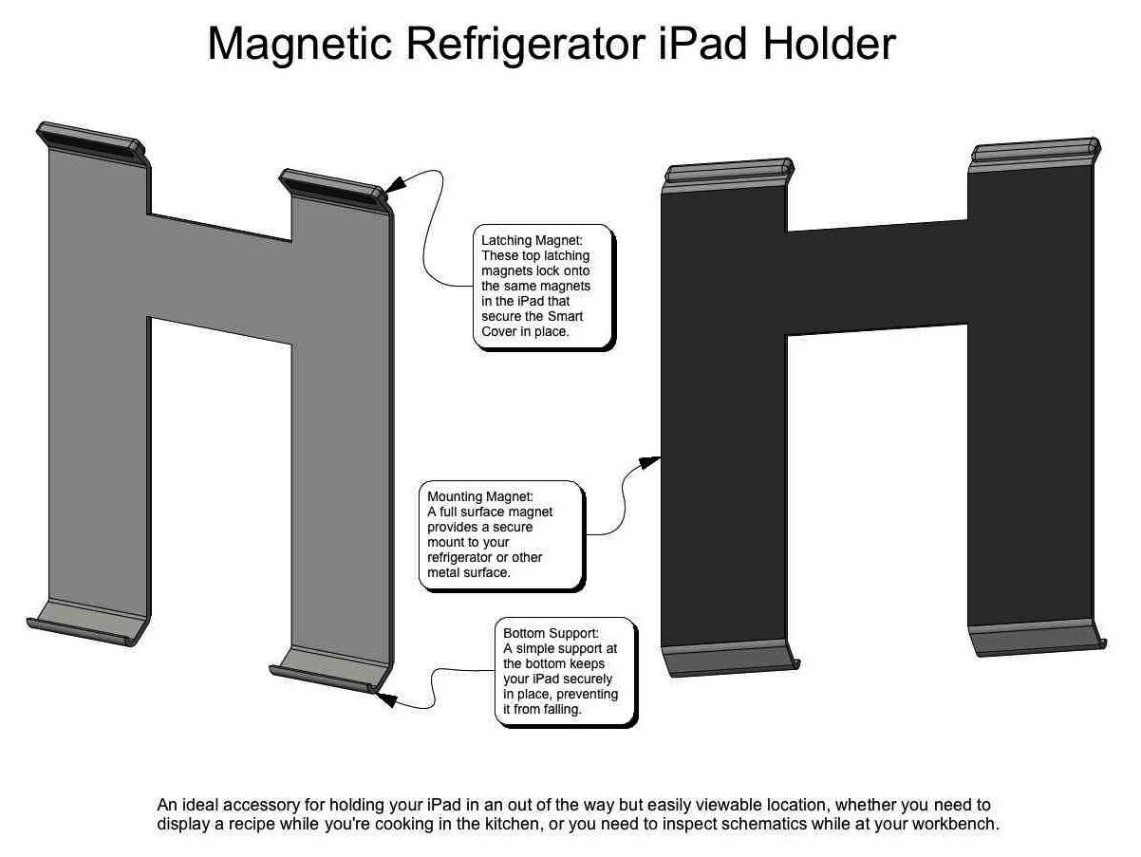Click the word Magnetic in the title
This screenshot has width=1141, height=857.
coord(299,46)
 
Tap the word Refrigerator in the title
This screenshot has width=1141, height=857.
coord(525,46)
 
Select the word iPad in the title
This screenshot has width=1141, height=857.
coord(703,44)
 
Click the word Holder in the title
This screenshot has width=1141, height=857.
coord(829,44)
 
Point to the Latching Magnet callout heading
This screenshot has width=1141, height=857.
coord(532,240)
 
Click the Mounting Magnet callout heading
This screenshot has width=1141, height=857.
coord(479,496)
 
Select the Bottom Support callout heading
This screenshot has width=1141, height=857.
coord(551,633)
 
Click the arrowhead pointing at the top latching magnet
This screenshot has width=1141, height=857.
coord(395,184)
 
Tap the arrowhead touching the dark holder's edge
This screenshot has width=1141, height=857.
coord(650,461)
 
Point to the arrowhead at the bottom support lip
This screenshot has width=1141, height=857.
coord(385,699)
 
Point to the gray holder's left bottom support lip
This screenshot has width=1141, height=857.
coord(84,624)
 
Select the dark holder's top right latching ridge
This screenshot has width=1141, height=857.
coord(1035,151)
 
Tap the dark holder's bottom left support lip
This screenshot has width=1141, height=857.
coord(730,660)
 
